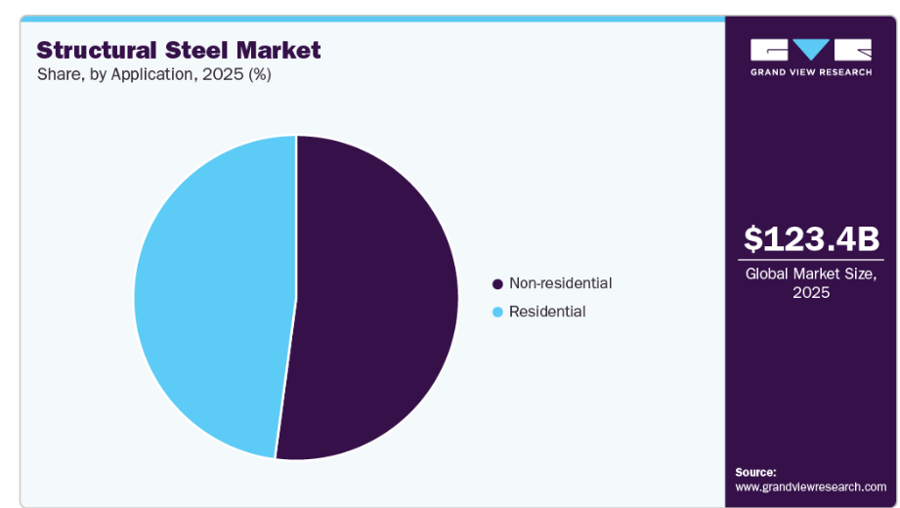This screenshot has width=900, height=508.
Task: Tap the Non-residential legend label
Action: pos(560,283)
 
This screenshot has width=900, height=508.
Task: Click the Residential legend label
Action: pos(547,312)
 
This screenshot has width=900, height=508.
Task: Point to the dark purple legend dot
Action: pos(497,284)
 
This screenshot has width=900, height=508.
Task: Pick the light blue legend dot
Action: pos(497,313)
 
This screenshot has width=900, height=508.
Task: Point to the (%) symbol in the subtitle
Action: pos(259,75)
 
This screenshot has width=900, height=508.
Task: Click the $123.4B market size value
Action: pos(811,238)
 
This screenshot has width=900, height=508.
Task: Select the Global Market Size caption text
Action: pos(811,274)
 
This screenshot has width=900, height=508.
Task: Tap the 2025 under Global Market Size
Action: pos(811,292)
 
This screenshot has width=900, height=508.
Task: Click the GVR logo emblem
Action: pos(811,50)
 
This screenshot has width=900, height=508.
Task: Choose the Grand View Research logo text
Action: pos(811,72)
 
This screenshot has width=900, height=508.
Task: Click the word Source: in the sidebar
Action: pos(755,472)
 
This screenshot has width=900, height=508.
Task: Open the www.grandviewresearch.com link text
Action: pos(810,487)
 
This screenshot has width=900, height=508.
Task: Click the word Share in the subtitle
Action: pos(58,75)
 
